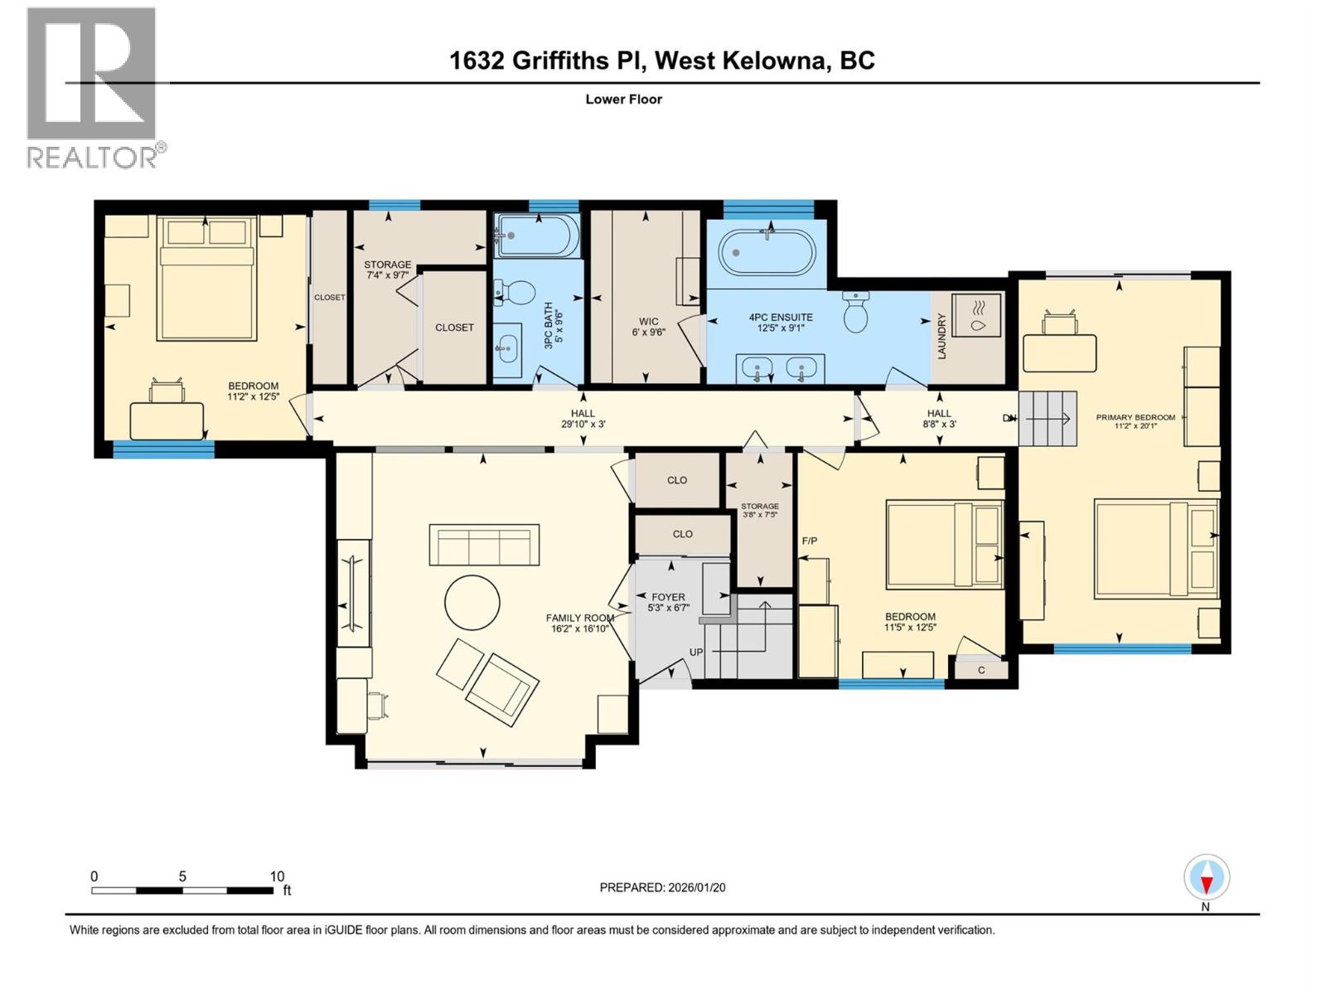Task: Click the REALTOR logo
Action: point(91,87)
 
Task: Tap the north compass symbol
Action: point(1206,878)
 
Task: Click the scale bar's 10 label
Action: point(277,876)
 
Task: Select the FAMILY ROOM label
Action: point(579,618)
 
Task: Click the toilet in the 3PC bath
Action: point(520,294)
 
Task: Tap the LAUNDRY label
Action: point(941,336)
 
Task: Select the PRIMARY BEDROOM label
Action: point(1135,417)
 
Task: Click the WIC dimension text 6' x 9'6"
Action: point(648,332)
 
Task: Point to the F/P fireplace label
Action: point(810,541)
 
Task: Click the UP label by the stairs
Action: point(696,652)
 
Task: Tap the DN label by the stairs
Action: point(1009,418)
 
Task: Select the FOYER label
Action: point(668,597)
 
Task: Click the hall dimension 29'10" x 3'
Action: point(583,425)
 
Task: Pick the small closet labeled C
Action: point(981,670)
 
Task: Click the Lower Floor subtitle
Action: point(623,99)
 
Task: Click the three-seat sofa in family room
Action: point(484,545)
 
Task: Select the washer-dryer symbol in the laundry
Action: point(976,315)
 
